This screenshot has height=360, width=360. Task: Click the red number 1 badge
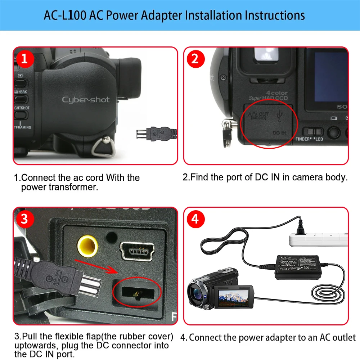point(24,59)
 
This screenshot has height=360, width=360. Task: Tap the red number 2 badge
point(195,59)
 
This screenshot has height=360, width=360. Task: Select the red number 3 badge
point(24,219)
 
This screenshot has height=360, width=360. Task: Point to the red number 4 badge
point(195,219)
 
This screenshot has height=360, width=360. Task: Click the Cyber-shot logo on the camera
point(86,100)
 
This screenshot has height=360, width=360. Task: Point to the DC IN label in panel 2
point(279,133)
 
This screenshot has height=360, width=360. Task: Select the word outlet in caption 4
point(343,338)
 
